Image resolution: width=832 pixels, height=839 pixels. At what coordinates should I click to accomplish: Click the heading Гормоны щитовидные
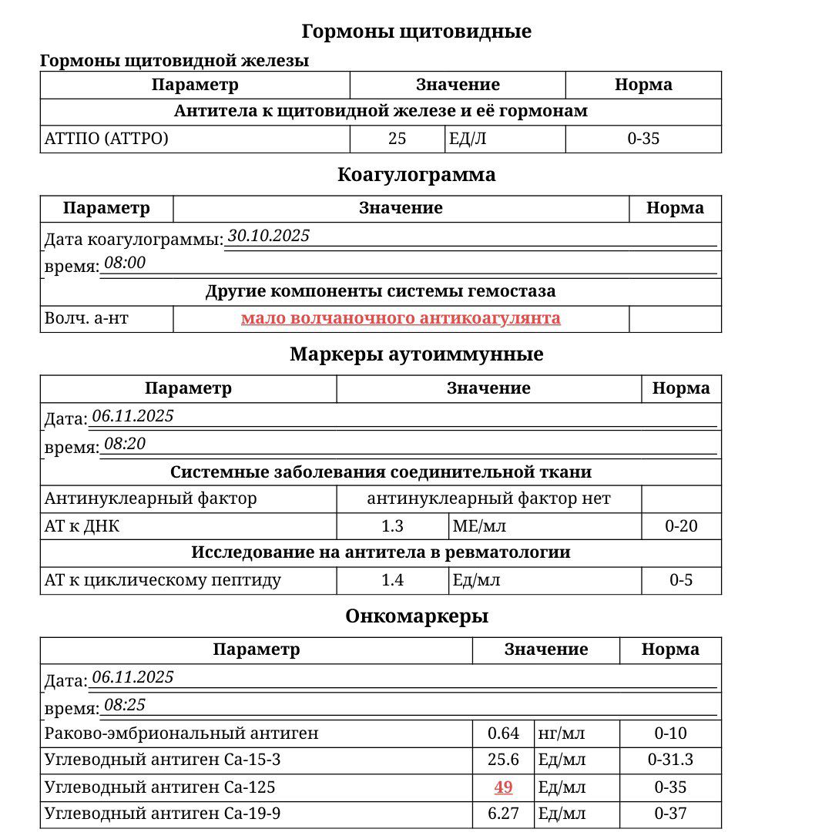point(416,32)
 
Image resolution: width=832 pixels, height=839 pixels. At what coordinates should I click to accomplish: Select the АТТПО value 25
point(397,139)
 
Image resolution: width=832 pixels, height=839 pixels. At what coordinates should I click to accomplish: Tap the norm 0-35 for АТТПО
point(643,139)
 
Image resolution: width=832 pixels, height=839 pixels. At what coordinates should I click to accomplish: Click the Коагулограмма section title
point(416,175)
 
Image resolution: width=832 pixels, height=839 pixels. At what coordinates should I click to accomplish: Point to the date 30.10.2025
point(269,236)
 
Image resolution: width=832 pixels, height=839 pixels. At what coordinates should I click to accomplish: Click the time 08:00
point(125,263)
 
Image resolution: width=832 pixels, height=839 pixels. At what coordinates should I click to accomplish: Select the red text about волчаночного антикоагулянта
point(401,318)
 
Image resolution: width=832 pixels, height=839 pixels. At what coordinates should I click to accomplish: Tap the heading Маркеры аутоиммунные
point(416,354)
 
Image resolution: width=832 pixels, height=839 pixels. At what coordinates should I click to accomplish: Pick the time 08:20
point(125,444)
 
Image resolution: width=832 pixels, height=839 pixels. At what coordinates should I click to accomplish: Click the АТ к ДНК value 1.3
point(392,527)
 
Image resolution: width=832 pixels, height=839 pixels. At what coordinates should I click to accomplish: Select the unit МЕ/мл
point(479,527)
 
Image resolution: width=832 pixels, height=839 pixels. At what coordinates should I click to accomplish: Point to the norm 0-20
point(681,527)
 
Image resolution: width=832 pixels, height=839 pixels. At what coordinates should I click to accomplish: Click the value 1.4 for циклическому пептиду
point(392,580)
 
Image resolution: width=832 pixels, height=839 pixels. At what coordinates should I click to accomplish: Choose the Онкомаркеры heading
point(416,616)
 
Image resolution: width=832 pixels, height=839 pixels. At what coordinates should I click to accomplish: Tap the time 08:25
point(125,705)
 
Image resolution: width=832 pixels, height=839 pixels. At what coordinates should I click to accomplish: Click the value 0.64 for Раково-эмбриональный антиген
point(503,733)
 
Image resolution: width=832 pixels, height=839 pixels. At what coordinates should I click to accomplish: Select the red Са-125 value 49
point(503,787)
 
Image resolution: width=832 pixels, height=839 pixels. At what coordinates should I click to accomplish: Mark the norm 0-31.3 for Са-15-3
point(670,760)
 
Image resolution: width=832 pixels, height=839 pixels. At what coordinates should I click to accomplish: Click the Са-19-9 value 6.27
point(503,814)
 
